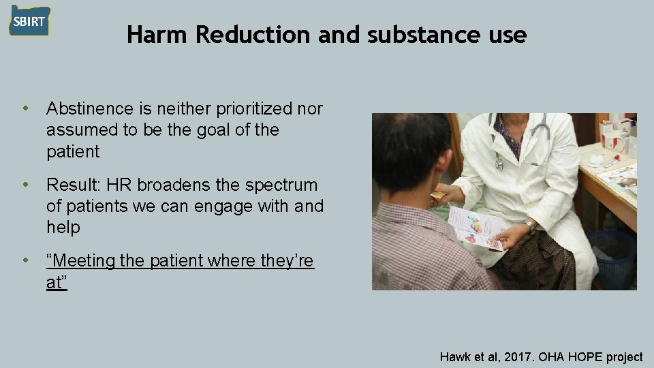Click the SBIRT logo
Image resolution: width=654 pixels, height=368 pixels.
click(29, 20)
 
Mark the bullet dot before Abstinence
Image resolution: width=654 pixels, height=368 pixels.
click(26, 108)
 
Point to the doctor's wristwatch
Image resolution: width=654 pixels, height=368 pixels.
click(529, 226)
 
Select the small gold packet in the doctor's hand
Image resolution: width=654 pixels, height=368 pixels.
click(437, 196)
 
